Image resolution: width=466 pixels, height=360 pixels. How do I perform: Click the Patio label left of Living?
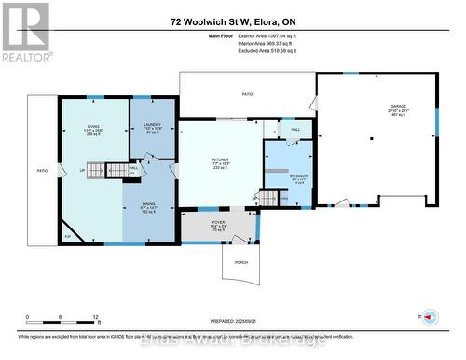pyautogui.click(x=42, y=171)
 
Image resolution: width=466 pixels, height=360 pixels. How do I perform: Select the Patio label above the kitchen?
pyautogui.click(x=247, y=94)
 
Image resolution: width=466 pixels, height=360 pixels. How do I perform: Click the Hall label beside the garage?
pyautogui.click(x=295, y=130)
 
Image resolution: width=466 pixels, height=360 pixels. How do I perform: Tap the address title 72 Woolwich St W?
pyautogui.click(x=232, y=21)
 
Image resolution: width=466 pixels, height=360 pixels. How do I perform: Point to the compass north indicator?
pyautogui.click(x=430, y=319)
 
